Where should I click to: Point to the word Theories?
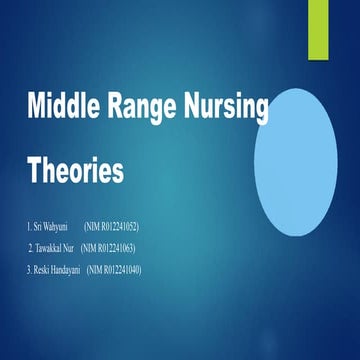coord(75,170)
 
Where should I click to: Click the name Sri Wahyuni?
coord(49,227)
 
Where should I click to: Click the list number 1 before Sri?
coord(30,227)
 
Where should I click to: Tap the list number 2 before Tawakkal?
coord(30,247)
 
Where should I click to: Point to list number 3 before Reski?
coord(29,268)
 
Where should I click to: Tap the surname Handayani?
coord(66,268)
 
